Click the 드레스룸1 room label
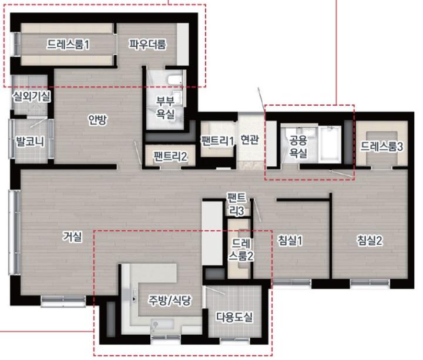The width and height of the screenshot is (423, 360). pos(68,44)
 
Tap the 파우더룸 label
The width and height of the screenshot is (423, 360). pos(147,44)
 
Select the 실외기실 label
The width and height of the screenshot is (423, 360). pos(32,96)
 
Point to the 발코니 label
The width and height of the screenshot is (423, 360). pos(30,142)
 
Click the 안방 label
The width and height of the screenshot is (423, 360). pos(98,119)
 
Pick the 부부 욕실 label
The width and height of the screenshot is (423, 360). pos(165,107)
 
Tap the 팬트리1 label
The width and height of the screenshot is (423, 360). pos(217,140)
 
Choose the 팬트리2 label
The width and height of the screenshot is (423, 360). pos(170,156)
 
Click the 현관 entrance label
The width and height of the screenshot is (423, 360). pos(250,139)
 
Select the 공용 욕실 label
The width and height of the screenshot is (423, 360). pos(298,146)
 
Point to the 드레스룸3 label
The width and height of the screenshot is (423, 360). pos(382,146)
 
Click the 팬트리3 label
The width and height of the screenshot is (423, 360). pos(237,205)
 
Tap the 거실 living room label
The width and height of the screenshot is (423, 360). pos(72,237)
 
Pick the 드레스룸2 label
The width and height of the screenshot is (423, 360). pos(241,250)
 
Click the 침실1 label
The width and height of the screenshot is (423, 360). pos(290,240)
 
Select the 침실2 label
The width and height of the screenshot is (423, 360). pos(370,240)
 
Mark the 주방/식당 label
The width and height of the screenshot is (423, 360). pos(170,300)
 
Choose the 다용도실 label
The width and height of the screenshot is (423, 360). pos(234,317)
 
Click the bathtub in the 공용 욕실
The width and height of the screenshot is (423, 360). pos(330,144)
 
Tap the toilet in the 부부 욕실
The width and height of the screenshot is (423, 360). pos(175,79)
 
